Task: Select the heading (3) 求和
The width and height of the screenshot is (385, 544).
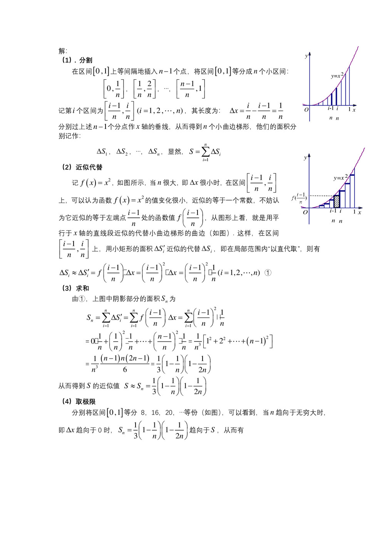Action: point(75,288)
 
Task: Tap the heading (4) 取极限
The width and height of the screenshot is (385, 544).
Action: point(79,401)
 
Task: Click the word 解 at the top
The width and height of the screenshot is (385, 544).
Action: point(62,51)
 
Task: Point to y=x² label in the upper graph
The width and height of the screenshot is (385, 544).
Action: point(337,76)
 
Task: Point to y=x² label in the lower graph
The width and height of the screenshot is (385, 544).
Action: point(340,178)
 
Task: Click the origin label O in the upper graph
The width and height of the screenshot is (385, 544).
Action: point(306,110)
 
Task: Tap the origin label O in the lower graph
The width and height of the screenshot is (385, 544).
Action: point(305,212)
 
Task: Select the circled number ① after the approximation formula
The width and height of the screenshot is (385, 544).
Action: point(268,273)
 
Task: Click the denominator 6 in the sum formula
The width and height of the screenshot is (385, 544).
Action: point(125,369)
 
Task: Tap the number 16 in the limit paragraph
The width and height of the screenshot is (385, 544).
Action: point(155,412)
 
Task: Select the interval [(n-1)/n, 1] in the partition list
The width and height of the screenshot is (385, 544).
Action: point(191,89)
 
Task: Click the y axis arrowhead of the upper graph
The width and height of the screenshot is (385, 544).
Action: point(310,53)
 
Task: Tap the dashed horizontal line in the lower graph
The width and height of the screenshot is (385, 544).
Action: point(322,196)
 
